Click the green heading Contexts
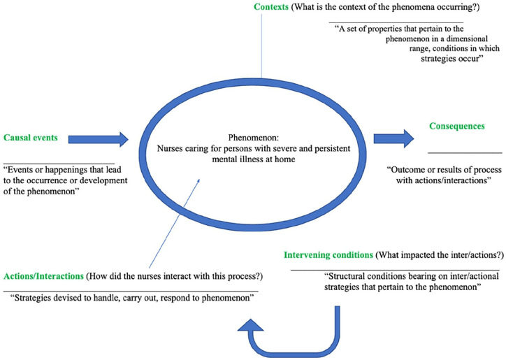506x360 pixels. pyautogui.click(x=271, y=7)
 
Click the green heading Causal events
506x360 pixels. pyautogui.click(x=31, y=138)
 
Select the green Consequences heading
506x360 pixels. pyautogui.click(x=457, y=126)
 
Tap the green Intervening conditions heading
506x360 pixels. pyautogui.click(x=328, y=255)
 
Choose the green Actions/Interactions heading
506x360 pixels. pyautogui.click(x=43, y=276)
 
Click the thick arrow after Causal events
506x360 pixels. pyautogui.click(x=99, y=140)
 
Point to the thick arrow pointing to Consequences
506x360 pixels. pyautogui.click(x=393, y=138)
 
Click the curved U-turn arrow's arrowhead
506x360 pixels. pyautogui.click(x=250, y=325)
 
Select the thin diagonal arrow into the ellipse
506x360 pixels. pyautogui.click(x=175, y=224)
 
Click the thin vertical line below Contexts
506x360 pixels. pyautogui.click(x=261, y=46)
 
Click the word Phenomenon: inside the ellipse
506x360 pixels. pyautogui.click(x=254, y=138)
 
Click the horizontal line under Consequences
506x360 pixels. pyautogui.click(x=465, y=153)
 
